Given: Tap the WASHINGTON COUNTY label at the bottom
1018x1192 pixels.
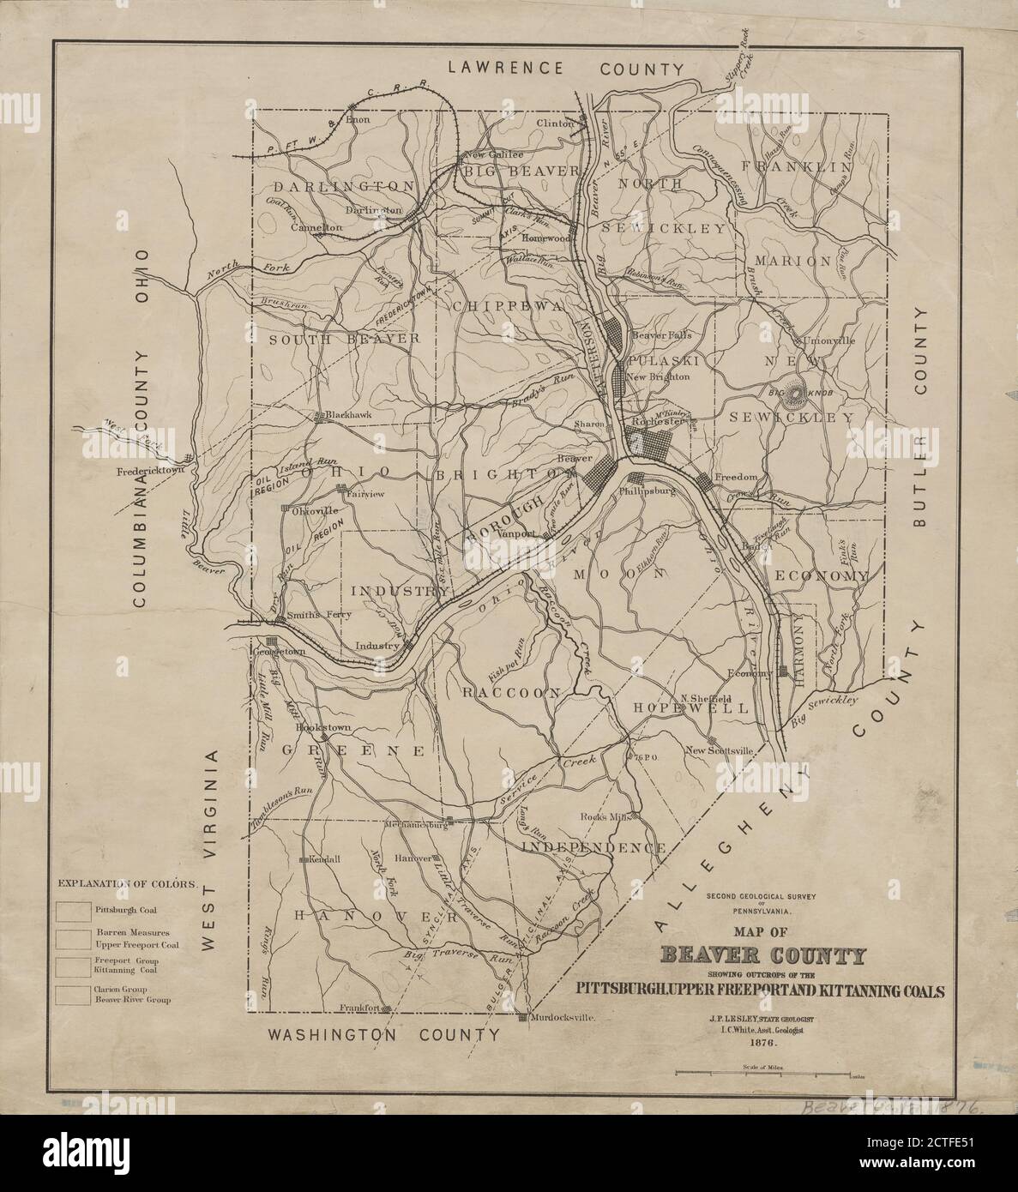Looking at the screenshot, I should point(383,1035).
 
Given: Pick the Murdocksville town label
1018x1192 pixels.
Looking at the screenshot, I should point(563,1018).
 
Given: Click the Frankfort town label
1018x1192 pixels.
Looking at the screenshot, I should point(359,1008).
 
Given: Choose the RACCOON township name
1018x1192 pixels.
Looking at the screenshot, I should point(509,692).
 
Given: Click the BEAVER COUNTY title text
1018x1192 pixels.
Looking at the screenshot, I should point(762,956).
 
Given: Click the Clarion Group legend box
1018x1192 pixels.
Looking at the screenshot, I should point(73,995).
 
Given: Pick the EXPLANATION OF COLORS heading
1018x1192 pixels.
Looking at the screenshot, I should point(128,883).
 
